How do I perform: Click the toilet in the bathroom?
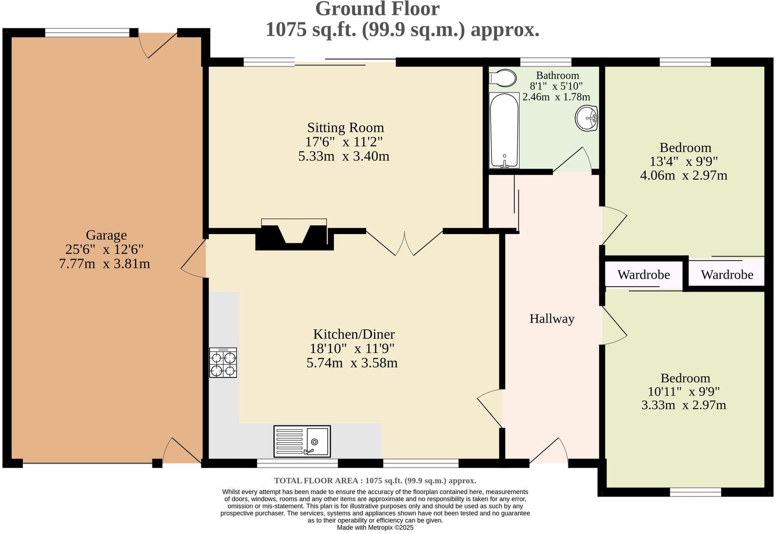pyautogui.click(x=503, y=78)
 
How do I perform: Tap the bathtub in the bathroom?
pyautogui.click(x=504, y=130)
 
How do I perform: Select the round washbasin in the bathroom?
pyautogui.click(x=587, y=118)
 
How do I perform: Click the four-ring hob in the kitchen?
pyautogui.click(x=223, y=363)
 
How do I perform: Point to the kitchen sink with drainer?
pyautogui.click(x=302, y=441)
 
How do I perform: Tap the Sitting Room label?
pyautogui.click(x=345, y=128)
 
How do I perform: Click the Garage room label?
pyautogui.click(x=106, y=235)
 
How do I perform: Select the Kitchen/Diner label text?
pyautogui.click(x=354, y=334)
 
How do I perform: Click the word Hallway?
pyautogui.click(x=552, y=318)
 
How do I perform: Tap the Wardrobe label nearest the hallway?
pyautogui.click(x=644, y=275)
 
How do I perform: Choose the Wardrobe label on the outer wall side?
pyautogui.click(x=727, y=275)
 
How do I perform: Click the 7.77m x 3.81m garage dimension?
pyautogui.click(x=105, y=264)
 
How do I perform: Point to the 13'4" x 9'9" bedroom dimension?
pyautogui.click(x=684, y=161)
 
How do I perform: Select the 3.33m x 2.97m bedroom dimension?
pyautogui.click(x=684, y=405)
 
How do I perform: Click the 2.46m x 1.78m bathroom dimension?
pyautogui.click(x=556, y=97)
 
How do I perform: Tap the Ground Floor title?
pyautogui.click(x=377, y=9)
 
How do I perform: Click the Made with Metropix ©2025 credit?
pyautogui.click(x=375, y=528)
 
